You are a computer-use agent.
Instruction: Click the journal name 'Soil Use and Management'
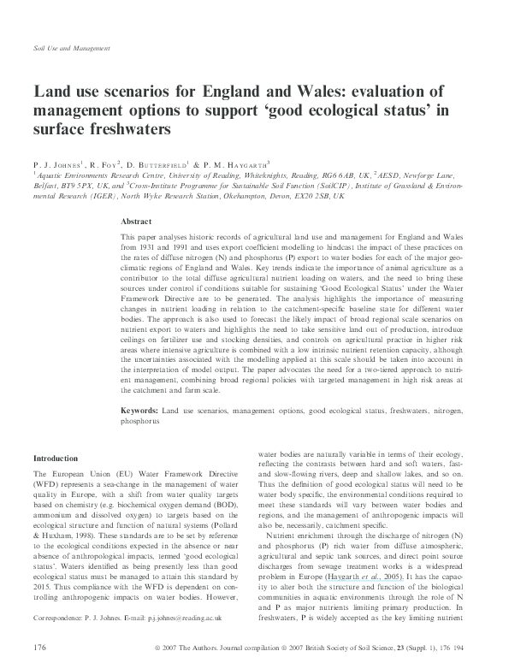click(70, 49)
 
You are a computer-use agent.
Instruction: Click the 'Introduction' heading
click(54, 458)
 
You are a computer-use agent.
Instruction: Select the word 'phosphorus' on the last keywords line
click(140, 422)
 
